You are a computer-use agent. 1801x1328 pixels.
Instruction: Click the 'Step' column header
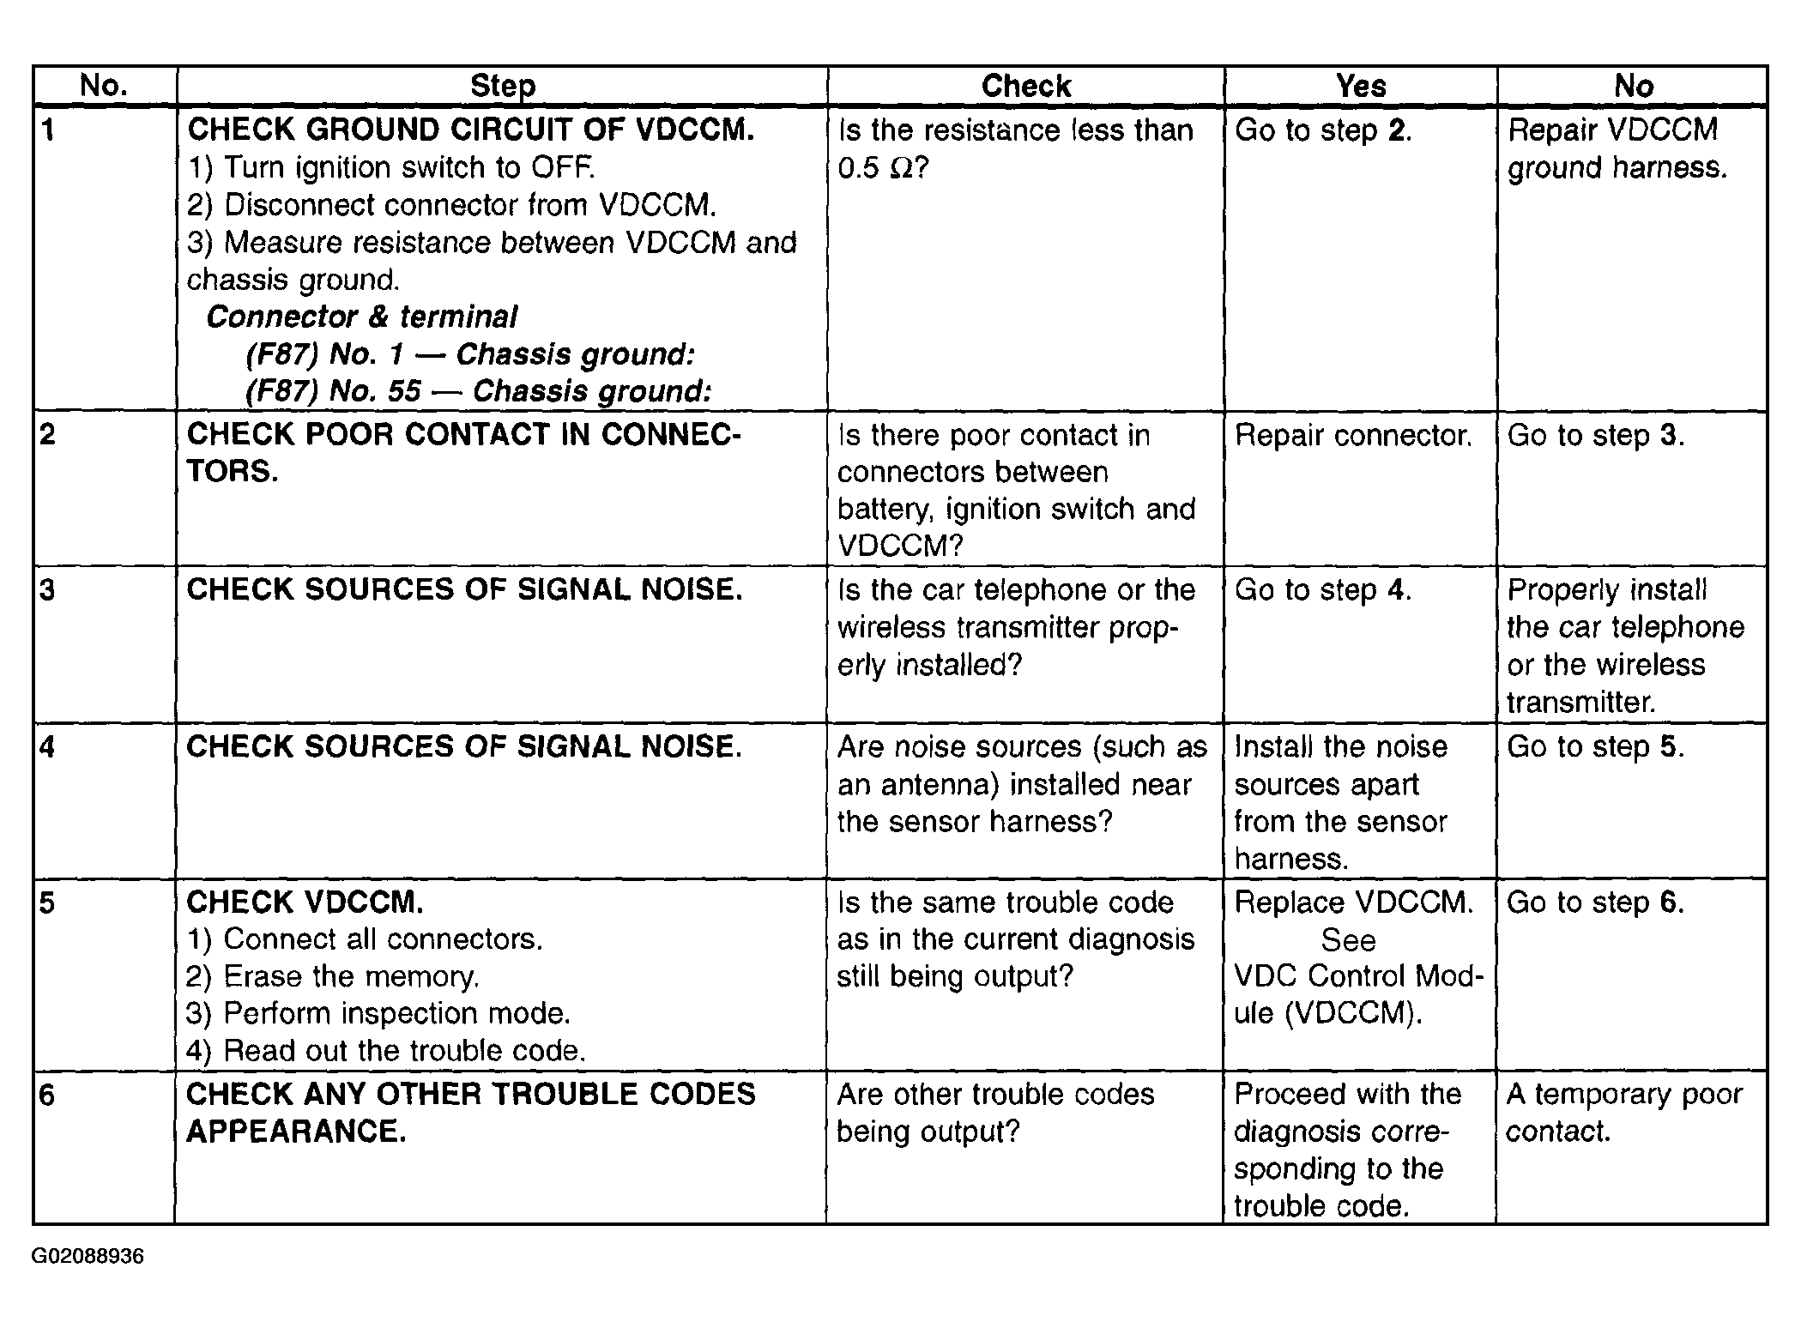tap(503, 86)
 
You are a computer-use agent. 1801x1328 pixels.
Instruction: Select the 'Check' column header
tap(1026, 86)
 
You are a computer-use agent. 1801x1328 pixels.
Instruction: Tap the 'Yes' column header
tap(1361, 86)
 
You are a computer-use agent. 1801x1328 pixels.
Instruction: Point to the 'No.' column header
tap(104, 86)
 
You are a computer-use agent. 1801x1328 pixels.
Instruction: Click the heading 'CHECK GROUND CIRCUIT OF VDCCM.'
tap(471, 130)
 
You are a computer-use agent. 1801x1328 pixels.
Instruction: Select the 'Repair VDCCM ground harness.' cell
tap(1617, 148)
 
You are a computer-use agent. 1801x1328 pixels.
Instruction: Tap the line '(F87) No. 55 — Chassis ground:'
tap(478, 391)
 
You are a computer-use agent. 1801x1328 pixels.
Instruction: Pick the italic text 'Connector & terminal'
tap(361, 317)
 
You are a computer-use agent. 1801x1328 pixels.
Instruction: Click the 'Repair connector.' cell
tap(1353, 436)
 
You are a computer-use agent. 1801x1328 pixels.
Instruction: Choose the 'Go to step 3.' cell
tap(1596, 436)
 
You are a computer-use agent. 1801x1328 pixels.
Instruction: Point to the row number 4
tap(48, 747)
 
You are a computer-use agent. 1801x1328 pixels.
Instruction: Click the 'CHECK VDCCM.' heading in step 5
tap(305, 902)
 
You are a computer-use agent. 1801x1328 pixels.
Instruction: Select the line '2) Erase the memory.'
tap(333, 976)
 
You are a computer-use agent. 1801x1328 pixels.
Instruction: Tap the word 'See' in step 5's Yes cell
tap(1348, 940)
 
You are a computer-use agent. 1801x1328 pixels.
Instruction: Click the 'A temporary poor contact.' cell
tap(1624, 1113)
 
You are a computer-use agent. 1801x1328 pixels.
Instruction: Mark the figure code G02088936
tap(88, 1257)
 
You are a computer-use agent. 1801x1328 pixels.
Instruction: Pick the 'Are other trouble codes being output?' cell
tap(995, 1113)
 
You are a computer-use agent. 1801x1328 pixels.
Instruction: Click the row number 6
tap(48, 1096)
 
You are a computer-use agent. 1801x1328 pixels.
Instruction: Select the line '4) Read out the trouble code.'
tap(386, 1051)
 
